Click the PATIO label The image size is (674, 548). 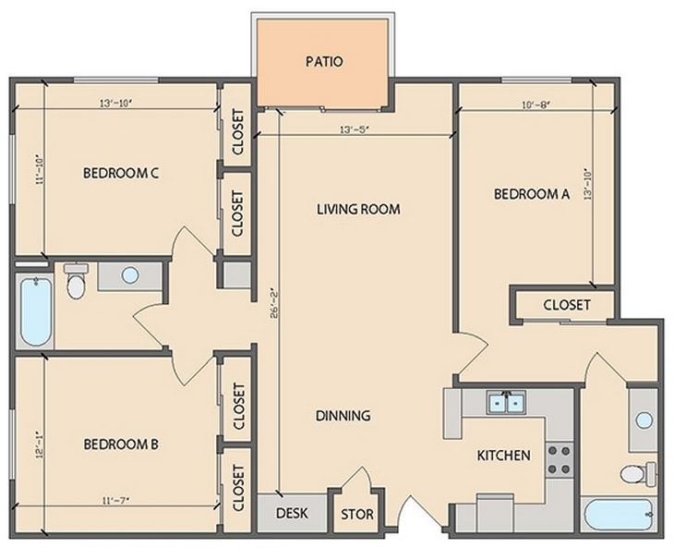[x=324, y=63]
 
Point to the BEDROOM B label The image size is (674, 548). [x=121, y=444]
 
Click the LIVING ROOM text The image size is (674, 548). [x=358, y=209]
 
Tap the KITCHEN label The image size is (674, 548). [x=503, y=456]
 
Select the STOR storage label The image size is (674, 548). [x=357, y=515]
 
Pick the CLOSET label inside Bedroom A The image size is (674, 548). [x=566, y=305]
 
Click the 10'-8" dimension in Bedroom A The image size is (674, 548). [x=536, y=105]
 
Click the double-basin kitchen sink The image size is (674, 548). [x=506, y=404]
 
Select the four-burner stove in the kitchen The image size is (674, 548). [x=559, y=460]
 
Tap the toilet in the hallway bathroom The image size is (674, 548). [x=76, y=282]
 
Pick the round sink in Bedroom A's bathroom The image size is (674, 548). [x=644, y=420]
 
